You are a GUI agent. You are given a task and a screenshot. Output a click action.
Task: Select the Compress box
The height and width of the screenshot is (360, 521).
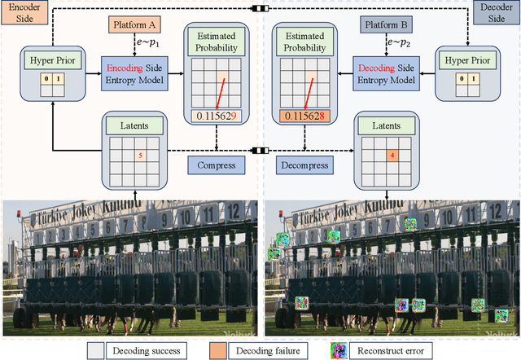click(x=217, y=165)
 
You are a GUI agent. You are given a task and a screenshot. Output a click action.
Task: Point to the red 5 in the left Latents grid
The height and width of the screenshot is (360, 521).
click(x=140, y=155)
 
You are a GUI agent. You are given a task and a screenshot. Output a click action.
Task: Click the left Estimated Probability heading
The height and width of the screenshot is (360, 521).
click(x=216, y=42)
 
